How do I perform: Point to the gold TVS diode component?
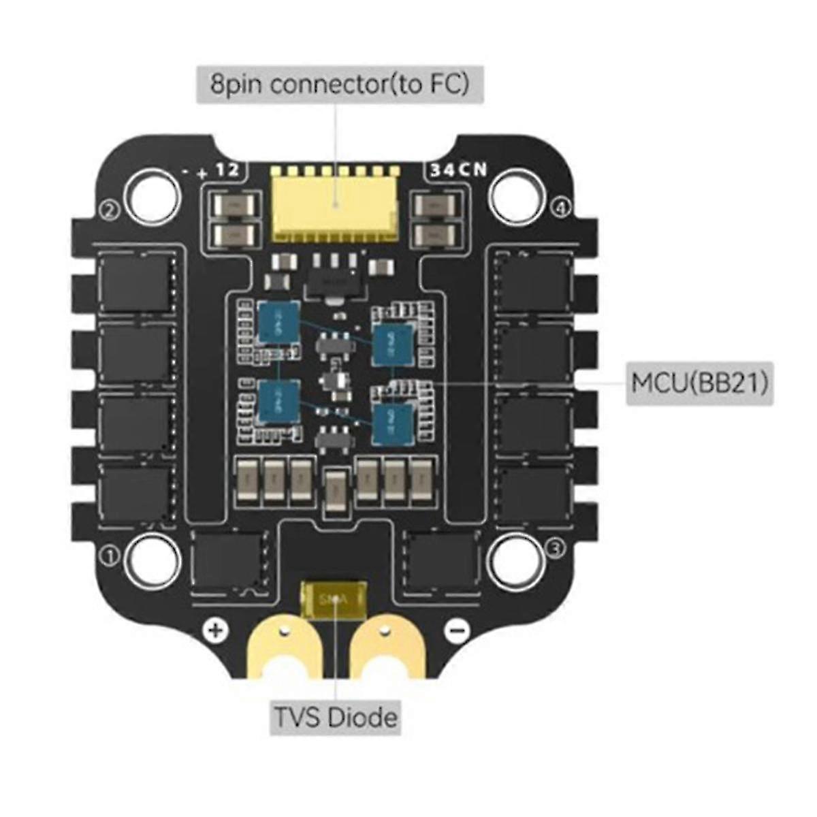point(334,600)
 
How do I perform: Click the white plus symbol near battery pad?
point(215,630)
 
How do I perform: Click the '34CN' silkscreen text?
point(459,170)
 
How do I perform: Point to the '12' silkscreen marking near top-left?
point(227,170)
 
